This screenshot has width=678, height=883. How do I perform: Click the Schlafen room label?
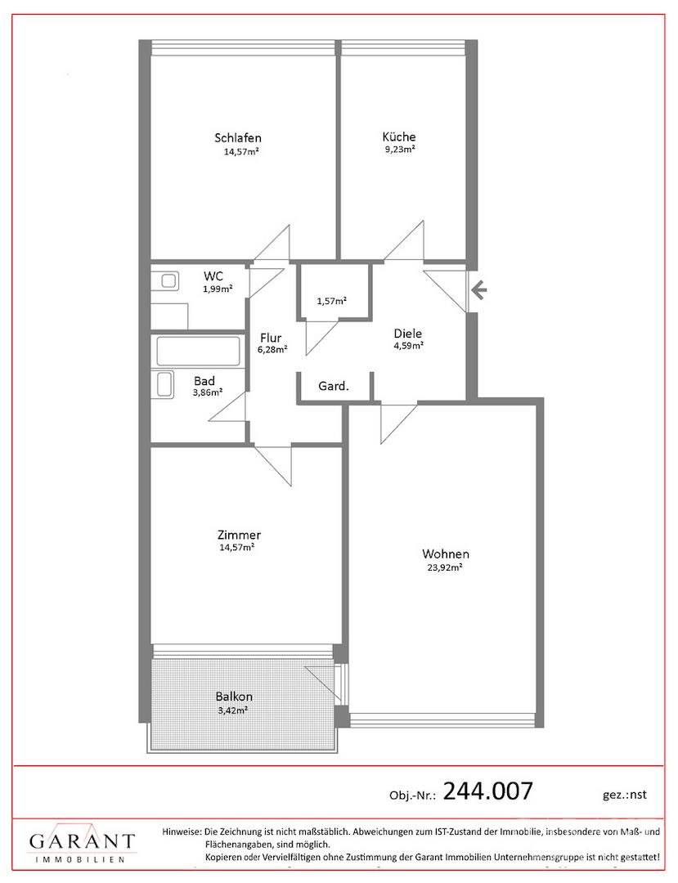pyautogui.click(x=238, y=138)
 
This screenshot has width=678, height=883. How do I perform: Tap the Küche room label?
pyautogui.click(x=398, y=137)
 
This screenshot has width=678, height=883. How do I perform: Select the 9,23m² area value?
pyautogui.click(x=399, y=150)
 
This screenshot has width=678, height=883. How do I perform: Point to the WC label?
pyautogui.click(x=213, y=276)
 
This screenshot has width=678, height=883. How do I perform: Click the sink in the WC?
pyautogui.click(x=168, y=280)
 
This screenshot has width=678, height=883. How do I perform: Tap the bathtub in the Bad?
pyautogui.click(x=198, y=352)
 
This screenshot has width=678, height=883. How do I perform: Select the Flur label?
pyautogui.click(x=271, y=338)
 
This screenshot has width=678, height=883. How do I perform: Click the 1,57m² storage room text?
pyautogui.click(x=332, y=301)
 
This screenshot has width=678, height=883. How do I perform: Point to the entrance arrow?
pyautogui.click(x=478, y=291)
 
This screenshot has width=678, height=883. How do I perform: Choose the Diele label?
pyautogui.click(x=408, y=334)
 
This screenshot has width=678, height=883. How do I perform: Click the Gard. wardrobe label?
pyautogui.click(x=334, y=387)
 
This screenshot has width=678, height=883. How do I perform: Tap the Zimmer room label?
pyautogui.click(x=239, y=535)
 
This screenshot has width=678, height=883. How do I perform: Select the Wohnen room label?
pyautogui.click(x=446, y=554)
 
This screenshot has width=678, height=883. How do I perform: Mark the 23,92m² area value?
pyautogui.click(x=445, y=567)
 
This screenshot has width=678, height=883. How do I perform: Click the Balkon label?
pyautogui.click(x=234, y=697)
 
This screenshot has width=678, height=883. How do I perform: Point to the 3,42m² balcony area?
pyautogui.click(x=234, y=710)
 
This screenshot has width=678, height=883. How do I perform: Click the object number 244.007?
pyautogui.click(x=487, y=791)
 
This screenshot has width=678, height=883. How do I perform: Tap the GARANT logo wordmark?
pyautogui.click(x=83, y=842)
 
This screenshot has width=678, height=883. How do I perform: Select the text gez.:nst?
pyautogui.click(x=625, y=795)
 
